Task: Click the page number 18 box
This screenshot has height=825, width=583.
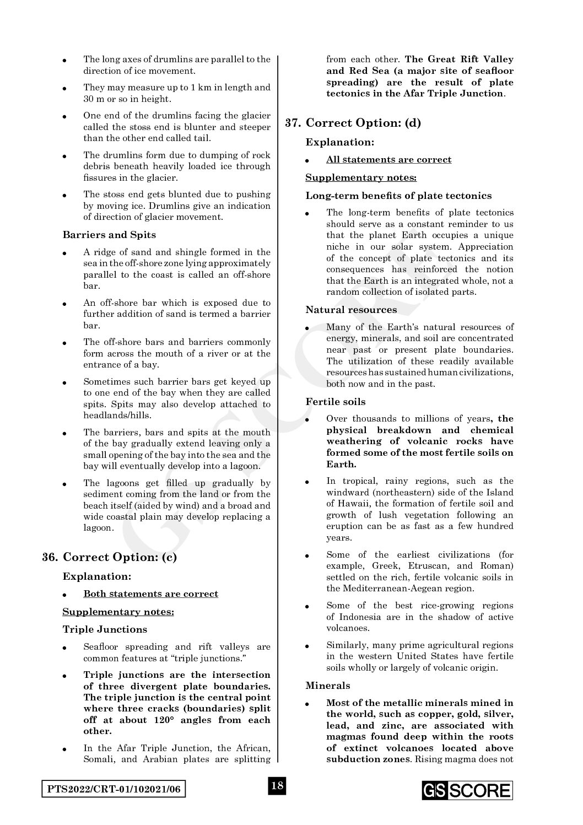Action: coord(277,785)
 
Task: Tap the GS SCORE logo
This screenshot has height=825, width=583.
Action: coord(467,790)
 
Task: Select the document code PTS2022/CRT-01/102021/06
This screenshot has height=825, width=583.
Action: coord(114,789)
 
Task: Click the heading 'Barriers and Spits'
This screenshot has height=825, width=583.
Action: coord(109,235)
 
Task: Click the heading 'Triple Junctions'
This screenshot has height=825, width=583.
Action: coord(105,629)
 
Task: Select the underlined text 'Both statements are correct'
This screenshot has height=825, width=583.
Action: coord(150,594)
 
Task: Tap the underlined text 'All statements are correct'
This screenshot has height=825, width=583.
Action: coord(388,159)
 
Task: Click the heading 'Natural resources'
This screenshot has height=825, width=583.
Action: coord(351,310)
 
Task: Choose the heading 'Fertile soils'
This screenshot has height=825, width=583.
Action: coord(336,402)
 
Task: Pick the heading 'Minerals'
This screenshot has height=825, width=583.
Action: coord(328,686)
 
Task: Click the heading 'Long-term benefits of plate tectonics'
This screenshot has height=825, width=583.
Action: coord(398,196)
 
